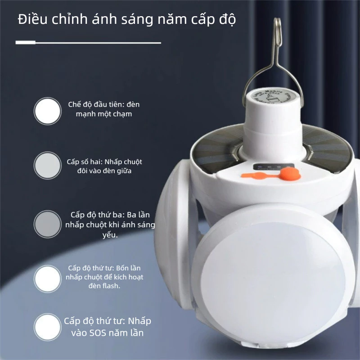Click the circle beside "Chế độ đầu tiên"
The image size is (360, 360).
pyautogui.click(x=48, y=111)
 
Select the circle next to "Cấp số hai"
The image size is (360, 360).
pyautogui.click(x=48, y=166)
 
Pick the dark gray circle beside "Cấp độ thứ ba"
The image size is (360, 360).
pyautogui.click(x=48, y=224)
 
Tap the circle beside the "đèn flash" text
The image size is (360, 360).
pyautogui.click(x=48, y=279)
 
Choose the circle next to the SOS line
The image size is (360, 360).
pyautogui.click(x=48, y=327)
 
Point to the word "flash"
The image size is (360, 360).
pyautogui.click(x=111, y=286)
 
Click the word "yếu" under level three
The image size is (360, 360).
pyautogui.click(x=110, y=235)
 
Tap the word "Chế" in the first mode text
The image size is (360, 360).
pyautogui.click(x=74, y=104)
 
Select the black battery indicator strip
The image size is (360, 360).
pyautogui.click(x=273, y=167)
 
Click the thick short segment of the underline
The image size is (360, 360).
pyautogui.click(x=26, y=42)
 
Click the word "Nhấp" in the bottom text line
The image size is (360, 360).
pyautogui.click(x=139, y=321)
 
